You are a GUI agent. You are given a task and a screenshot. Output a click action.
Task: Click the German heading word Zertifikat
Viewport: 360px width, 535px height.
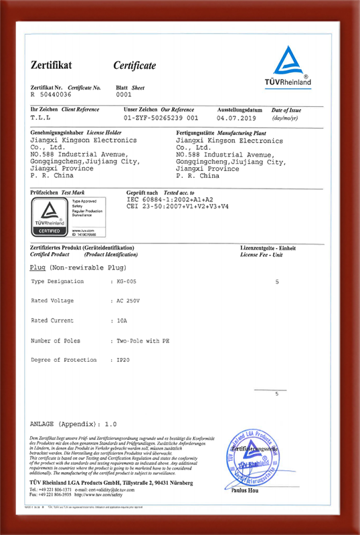point(51,65)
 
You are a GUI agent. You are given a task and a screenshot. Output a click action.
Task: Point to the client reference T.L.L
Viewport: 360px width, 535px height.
point(41,116)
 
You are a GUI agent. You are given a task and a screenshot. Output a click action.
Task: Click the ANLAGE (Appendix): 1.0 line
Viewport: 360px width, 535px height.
point(74,425)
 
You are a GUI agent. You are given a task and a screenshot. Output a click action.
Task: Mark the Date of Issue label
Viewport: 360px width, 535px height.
point(286,110)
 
